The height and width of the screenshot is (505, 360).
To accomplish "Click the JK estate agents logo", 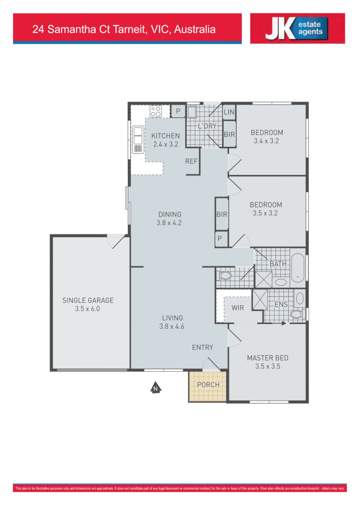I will point(297,28).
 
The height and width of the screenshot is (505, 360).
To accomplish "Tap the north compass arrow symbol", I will point(155,388).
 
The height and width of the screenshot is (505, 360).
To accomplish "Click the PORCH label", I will point(208,385).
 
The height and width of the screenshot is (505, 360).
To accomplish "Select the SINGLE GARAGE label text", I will point(88,300).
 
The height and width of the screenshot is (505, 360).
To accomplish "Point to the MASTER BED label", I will point(268,358).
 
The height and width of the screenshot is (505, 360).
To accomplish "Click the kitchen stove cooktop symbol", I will point(156,111).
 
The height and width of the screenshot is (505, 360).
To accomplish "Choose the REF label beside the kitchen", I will point(191,161).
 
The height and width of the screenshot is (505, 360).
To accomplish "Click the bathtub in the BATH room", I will point(298,268).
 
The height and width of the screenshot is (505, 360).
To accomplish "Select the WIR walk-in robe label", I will point(238,307).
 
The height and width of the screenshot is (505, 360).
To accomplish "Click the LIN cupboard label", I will point(229,112).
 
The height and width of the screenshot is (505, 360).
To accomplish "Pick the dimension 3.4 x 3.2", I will point(267,141).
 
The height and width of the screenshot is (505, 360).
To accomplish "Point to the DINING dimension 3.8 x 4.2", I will point(169,223).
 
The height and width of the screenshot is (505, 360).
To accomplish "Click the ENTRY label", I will point(202,347).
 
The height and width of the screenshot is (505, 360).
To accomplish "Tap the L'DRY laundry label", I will point(207,126).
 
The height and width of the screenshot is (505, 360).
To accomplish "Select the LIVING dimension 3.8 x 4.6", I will point(171,326).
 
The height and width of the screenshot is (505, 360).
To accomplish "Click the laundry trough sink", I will point(193,112).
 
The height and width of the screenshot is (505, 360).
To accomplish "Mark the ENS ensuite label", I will point(281,305).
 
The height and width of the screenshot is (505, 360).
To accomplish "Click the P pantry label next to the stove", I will point(178,111).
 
